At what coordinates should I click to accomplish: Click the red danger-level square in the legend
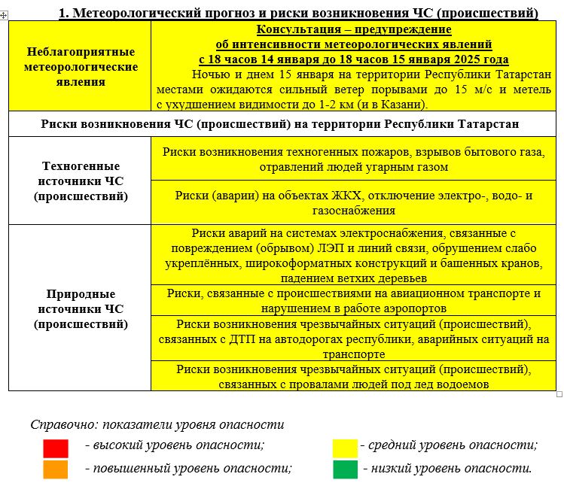point(56,448)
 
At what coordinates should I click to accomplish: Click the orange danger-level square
point(56,469)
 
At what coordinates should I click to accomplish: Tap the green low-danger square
point(346,469)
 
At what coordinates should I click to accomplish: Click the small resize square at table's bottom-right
point(559,393)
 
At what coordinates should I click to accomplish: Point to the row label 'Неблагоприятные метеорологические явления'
point(81,66)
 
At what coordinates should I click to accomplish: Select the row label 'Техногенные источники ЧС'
point(81,181)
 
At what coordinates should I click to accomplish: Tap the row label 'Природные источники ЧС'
point(81,308)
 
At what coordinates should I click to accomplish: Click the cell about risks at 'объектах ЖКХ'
point(353,203)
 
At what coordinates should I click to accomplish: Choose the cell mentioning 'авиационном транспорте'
point(353,300)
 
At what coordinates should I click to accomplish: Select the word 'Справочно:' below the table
point(62,424)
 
